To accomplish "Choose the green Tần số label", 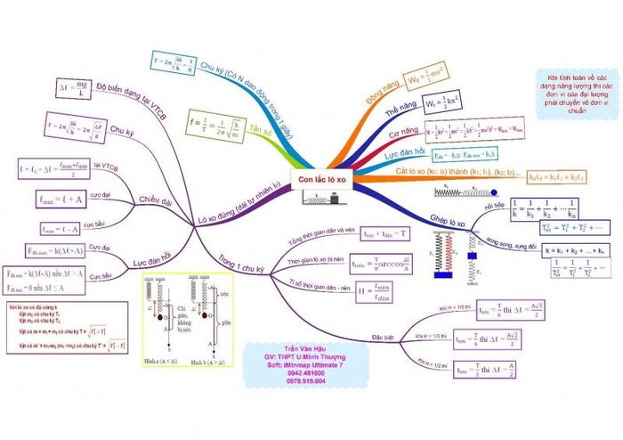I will pos(260,129).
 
